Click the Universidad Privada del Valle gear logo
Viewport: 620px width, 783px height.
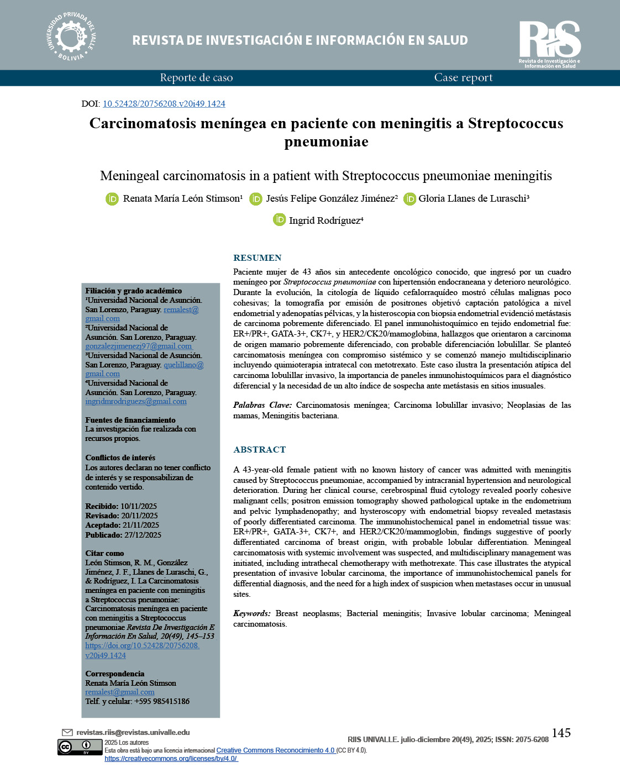coord(71,36)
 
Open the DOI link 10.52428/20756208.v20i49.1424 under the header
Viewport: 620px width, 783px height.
coord(164,104)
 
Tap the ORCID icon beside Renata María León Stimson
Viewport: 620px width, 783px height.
coord(112,199)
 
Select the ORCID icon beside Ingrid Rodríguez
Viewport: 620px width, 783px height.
coord(280,220)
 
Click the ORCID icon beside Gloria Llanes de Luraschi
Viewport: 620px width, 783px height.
coord(409,199)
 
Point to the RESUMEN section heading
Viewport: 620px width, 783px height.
coord(258,258)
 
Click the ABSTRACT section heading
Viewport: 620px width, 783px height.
coord(260,450)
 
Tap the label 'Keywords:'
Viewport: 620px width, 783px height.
coord(251,613)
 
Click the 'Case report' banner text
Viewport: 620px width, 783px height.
coord(463,78)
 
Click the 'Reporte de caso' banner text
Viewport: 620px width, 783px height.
coord(196,78)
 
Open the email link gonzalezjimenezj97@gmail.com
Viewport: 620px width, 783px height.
coord(138,346)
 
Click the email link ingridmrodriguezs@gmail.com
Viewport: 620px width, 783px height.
coord(136,402)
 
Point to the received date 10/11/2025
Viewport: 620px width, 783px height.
coord(139,506)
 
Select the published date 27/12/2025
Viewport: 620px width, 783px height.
coord(143,535)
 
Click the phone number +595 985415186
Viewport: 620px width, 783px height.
coord(162,701)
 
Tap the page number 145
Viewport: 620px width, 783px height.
coord(561,733)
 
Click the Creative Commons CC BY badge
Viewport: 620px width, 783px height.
coord(80,747)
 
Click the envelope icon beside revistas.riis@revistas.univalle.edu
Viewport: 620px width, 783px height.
coord(67,733)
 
